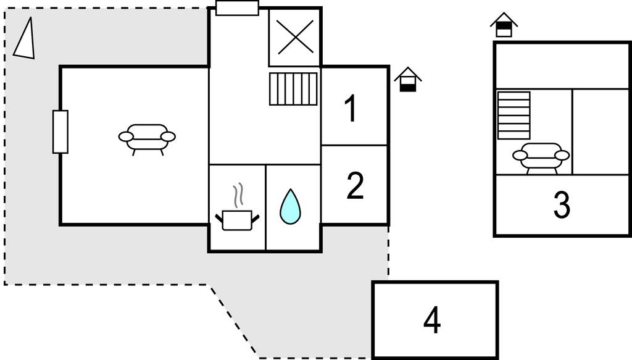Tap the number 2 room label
coord(355,186)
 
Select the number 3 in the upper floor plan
coord(561,206)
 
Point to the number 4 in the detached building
coord(432,320)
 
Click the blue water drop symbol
coord(290,206)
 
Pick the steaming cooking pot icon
coord(237,219)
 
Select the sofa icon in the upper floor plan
coord(541,156)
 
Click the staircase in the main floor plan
coord(294,89)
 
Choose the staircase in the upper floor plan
coord(513,115)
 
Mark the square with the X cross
coord(295,37)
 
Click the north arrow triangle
coord(25,40)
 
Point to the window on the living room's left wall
coord(60,132)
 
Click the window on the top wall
coord(237,8)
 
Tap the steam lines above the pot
coord(238,196)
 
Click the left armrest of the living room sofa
coord(126,136)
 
